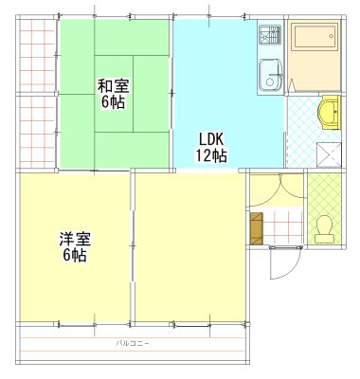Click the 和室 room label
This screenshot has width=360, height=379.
[114, 86]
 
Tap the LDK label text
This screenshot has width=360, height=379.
[211, 138]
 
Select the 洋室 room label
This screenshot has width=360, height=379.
[76, 240]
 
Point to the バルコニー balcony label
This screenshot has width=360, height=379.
[133, 343]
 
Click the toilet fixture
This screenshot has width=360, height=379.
[325, 229]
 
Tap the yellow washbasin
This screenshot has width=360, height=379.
[330, 113]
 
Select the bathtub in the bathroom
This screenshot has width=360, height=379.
[314, 36]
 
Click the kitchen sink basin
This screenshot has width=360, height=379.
[270, 74]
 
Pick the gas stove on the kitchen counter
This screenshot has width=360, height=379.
[270, 35]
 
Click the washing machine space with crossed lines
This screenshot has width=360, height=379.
[329, 154]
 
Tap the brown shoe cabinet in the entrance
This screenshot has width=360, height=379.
[257, 228]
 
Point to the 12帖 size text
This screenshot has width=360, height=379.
[211, 155]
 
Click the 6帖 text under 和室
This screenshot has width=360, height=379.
[113, 101]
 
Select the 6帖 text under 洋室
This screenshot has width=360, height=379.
[75, 255]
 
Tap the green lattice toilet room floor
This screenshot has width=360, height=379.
[325, 208]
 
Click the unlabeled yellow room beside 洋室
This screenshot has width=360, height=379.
[190, 247]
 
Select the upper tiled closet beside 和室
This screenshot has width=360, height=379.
[37, 56]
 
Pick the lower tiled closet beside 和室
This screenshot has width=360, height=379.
[37, 132]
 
